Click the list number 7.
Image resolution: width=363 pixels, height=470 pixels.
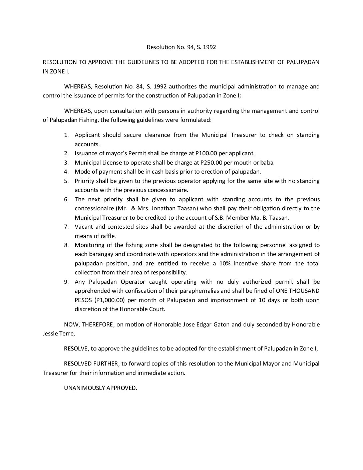[x=66, y=227]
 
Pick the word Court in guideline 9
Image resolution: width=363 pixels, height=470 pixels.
[x=156, y=309]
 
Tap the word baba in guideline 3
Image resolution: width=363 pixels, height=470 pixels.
[x=268, y=163]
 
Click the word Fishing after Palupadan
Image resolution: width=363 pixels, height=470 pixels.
[x=87, y=120]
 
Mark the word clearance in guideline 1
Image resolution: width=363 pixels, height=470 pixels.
[x=153, y=135]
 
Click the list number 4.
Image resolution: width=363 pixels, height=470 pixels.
[x=66, y=172]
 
